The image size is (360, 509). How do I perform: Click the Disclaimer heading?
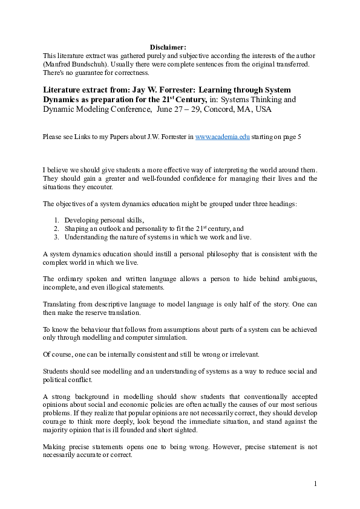[x=168, y=46]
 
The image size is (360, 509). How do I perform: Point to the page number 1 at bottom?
[x=316, y=484]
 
